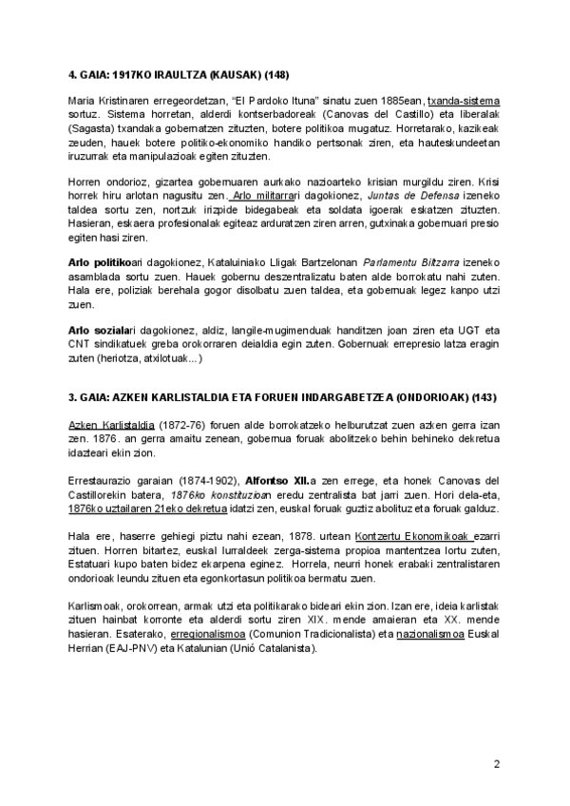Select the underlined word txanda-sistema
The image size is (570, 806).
(465, 100)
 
